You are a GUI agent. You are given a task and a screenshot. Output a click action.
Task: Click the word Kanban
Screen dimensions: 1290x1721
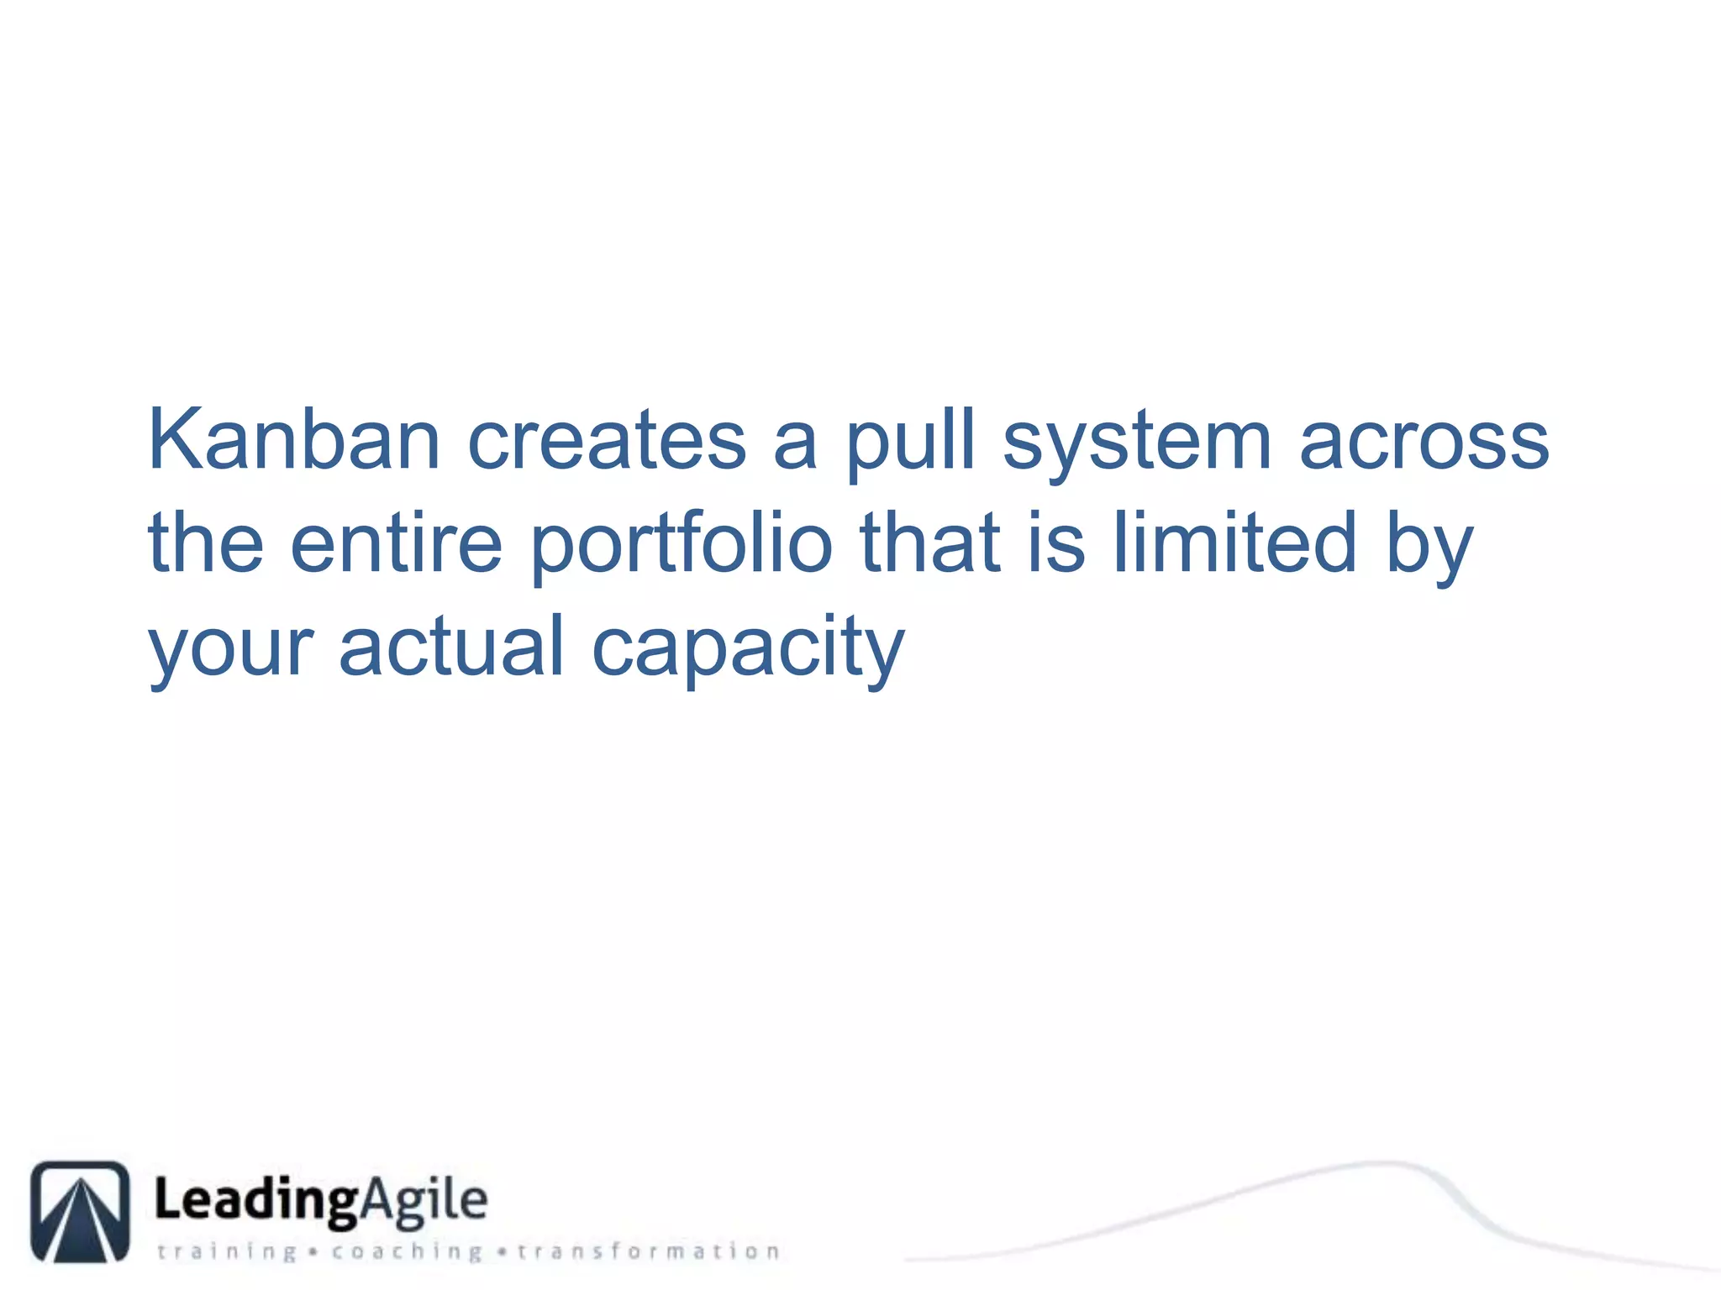coord(294,440)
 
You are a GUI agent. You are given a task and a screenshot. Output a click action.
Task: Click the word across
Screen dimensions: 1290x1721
coord(1424,442)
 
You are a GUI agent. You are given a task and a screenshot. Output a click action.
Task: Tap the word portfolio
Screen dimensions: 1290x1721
coord(682,546)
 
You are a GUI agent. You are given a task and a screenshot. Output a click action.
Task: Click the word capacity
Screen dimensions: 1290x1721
coord(748,649)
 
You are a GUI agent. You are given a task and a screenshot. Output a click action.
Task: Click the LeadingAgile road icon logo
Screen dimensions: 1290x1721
coord(81,1211)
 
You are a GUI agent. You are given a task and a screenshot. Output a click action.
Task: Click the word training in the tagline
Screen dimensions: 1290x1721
coord(227,1252)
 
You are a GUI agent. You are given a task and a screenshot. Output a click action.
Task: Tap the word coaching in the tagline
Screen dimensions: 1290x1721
coord(407,1252)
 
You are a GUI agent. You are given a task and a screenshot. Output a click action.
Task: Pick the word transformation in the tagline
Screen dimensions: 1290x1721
coord(648,1252)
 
